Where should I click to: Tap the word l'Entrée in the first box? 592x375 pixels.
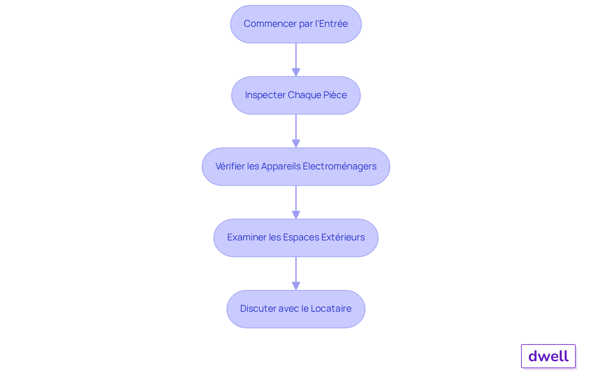pos(331,24)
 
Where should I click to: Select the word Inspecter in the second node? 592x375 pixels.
pos(265,95)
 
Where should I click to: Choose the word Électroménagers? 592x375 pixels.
pos(339,166)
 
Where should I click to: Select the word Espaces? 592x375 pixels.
pos(301,237)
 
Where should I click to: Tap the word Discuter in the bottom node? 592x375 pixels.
pos(258,309)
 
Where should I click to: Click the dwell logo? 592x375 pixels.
pos(548,356)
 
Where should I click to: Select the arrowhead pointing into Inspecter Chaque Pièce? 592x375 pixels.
pos(296,72)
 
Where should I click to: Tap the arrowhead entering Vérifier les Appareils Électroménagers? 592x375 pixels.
pos(296,144)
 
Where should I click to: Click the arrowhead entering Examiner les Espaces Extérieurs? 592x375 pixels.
pos(296,215)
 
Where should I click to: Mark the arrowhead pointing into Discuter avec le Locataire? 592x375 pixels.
pos(296,286)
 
